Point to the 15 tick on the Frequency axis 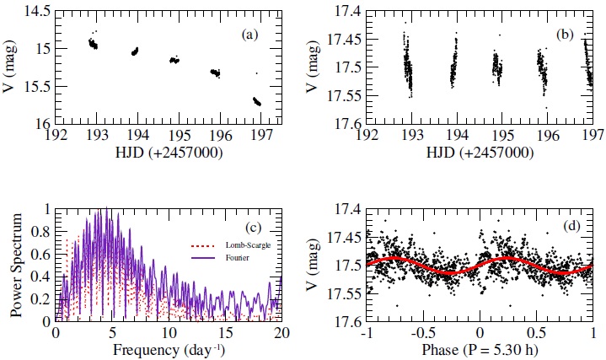[218, 332]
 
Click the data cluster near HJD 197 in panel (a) [256, 101]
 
